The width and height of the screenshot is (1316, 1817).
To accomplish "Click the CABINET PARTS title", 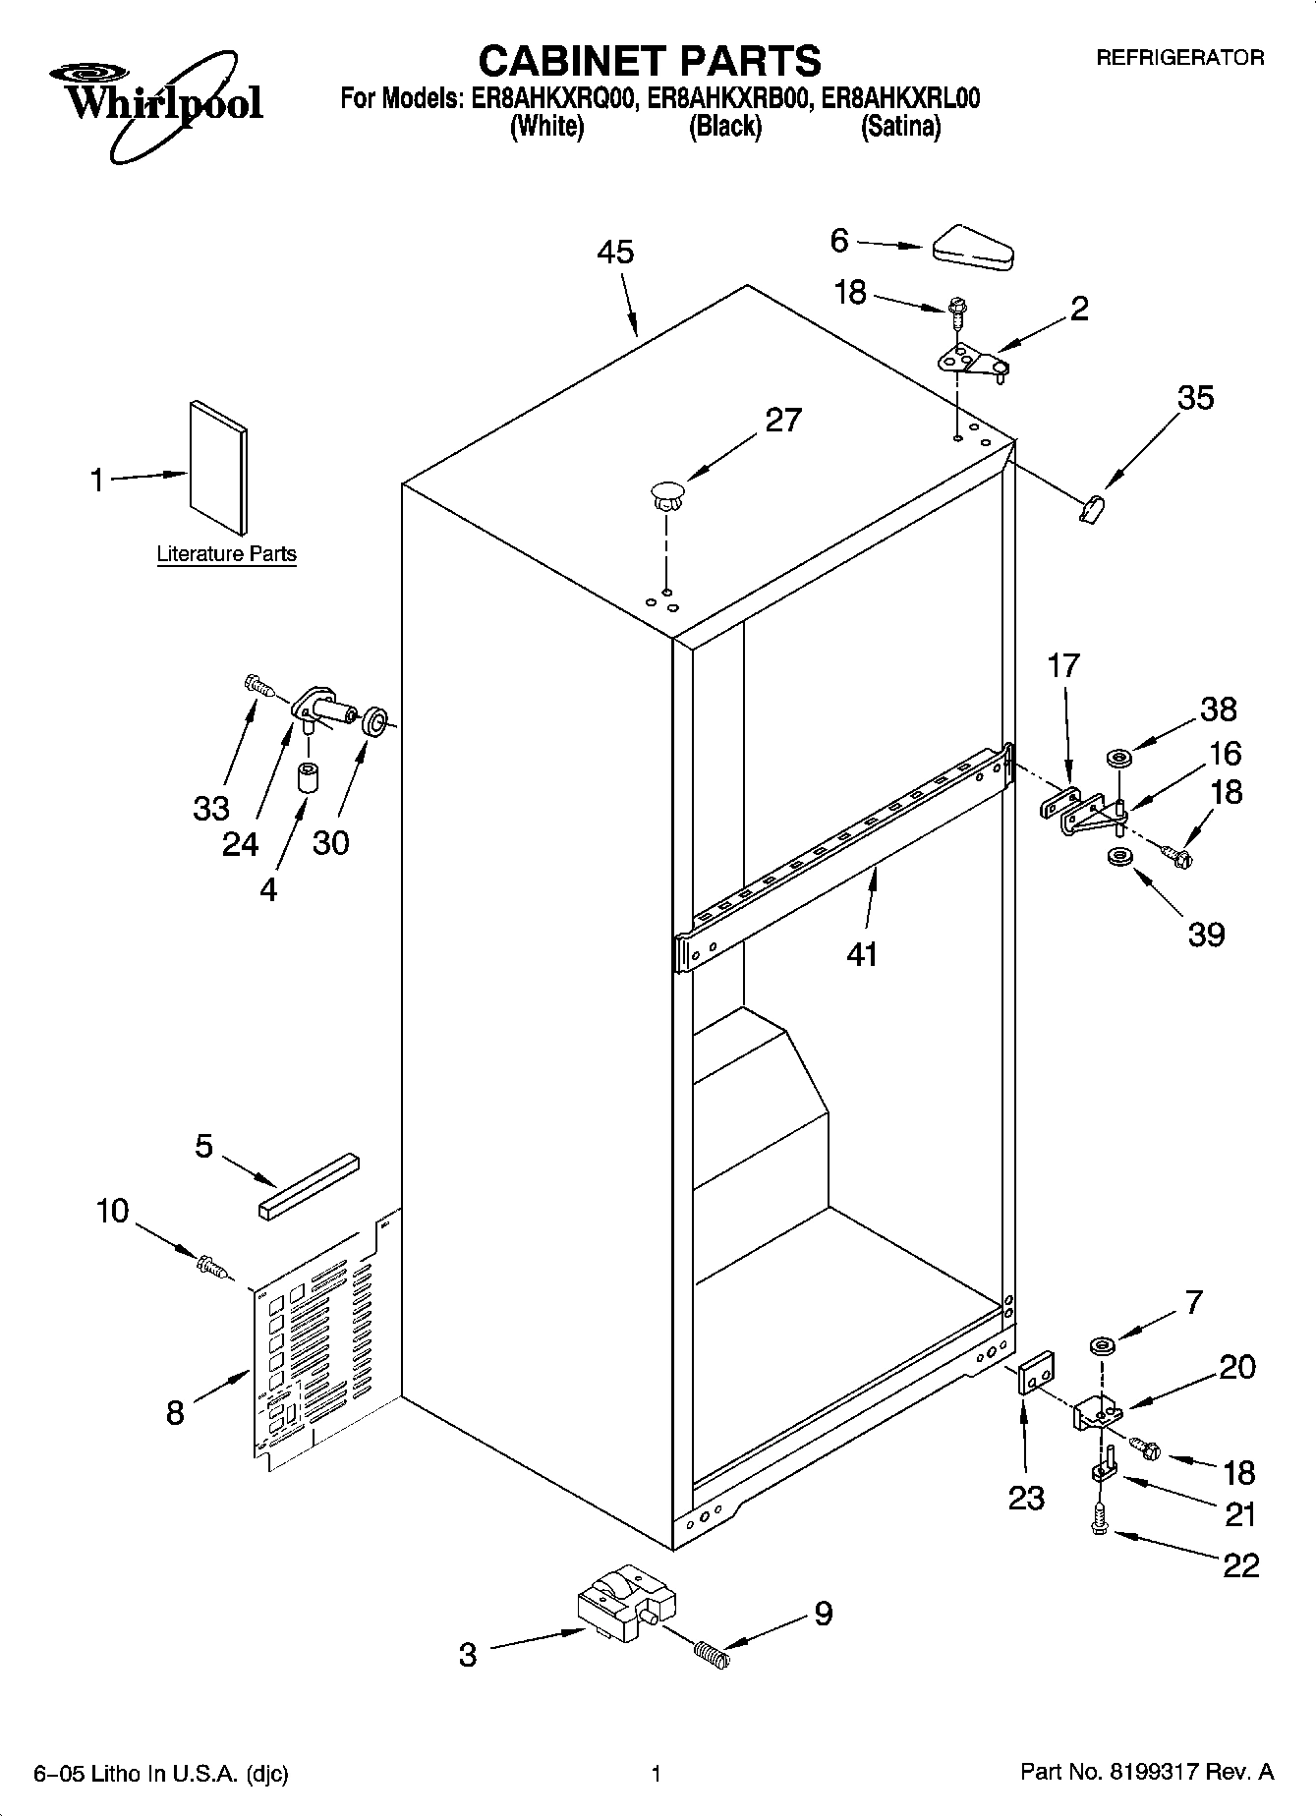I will tap(649, 61).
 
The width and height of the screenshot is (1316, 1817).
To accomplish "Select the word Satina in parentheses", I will tap(900, 127).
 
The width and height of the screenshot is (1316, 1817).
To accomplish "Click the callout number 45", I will tap(616, 253).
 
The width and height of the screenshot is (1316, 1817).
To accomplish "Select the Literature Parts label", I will tap(226, 554).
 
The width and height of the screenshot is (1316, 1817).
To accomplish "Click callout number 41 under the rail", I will tap(862, 953).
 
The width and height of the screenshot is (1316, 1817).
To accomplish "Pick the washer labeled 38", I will tap(1118, 758).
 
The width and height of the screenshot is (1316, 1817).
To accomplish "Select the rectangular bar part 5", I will tap(310, 1186).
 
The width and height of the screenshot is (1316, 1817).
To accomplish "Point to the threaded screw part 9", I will tap(712, 1654).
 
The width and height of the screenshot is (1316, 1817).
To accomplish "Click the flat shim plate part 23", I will tap(1034, 1372).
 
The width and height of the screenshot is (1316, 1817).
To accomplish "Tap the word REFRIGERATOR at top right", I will tap(1179, 58).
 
